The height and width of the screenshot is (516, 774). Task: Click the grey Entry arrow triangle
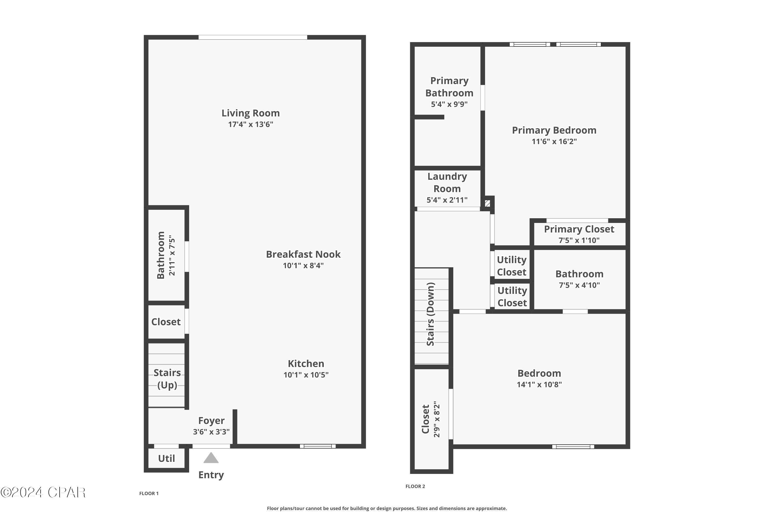pos(211,458)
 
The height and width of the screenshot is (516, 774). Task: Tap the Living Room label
pos(251,113)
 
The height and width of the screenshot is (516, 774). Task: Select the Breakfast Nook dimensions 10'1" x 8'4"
pos(303,265)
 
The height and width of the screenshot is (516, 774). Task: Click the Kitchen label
pos(306,364)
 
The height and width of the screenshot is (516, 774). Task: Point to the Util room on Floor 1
pos(166,458)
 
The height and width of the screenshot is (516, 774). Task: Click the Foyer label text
pos(211,421)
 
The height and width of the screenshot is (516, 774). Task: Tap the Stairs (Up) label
pos(167,379)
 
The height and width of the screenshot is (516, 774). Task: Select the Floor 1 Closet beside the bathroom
pos(166,322)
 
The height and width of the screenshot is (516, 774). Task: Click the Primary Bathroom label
pos(449,87)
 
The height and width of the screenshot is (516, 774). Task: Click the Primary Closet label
pos(579,229)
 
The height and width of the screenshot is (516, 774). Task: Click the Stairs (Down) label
pos(430,314)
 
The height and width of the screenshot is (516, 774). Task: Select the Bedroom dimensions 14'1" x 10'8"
pos(539,384)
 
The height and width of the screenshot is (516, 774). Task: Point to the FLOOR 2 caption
pos(415,486)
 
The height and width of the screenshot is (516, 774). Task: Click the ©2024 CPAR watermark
pos(43,492)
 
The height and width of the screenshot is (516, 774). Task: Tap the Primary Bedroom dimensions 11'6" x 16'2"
pos(554,141)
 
